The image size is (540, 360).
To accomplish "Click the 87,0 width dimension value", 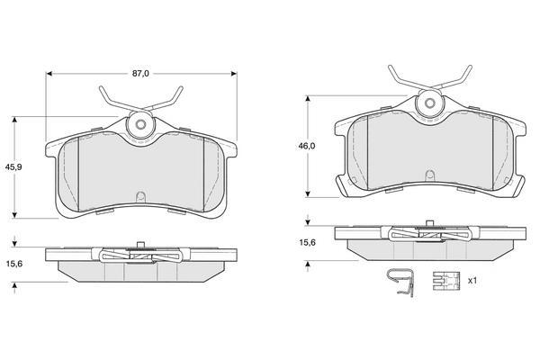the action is [141, 74].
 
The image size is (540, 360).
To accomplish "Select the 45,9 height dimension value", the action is [13, 166].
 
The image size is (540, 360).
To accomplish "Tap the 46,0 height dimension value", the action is [307, 146].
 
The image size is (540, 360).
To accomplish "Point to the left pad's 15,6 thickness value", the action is [14, 264].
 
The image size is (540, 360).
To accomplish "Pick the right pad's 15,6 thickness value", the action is [307, 242].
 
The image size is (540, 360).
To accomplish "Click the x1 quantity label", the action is [472, 281].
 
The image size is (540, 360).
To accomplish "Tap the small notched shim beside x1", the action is [446, 281].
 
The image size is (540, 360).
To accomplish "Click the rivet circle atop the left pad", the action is [140, 124].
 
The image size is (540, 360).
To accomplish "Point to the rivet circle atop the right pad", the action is [430, 103].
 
